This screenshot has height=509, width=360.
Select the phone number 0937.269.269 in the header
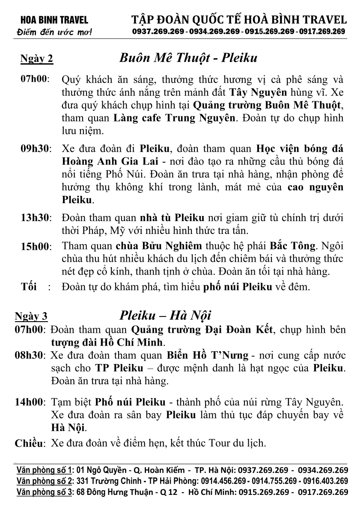(158, 31)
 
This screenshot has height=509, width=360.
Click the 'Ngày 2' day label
(37, 59)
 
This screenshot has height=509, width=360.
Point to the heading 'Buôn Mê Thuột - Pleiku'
(188, 58)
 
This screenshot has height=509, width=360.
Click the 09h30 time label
(35, 149)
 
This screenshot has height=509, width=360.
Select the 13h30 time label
(35, 218)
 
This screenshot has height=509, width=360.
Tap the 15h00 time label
(35, 246)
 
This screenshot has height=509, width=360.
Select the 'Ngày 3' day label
(31, 317)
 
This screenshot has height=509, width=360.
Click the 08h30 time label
(29, 356)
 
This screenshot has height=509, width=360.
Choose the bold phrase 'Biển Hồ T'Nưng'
(207, 355)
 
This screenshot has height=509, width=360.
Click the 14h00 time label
(30, 402)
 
